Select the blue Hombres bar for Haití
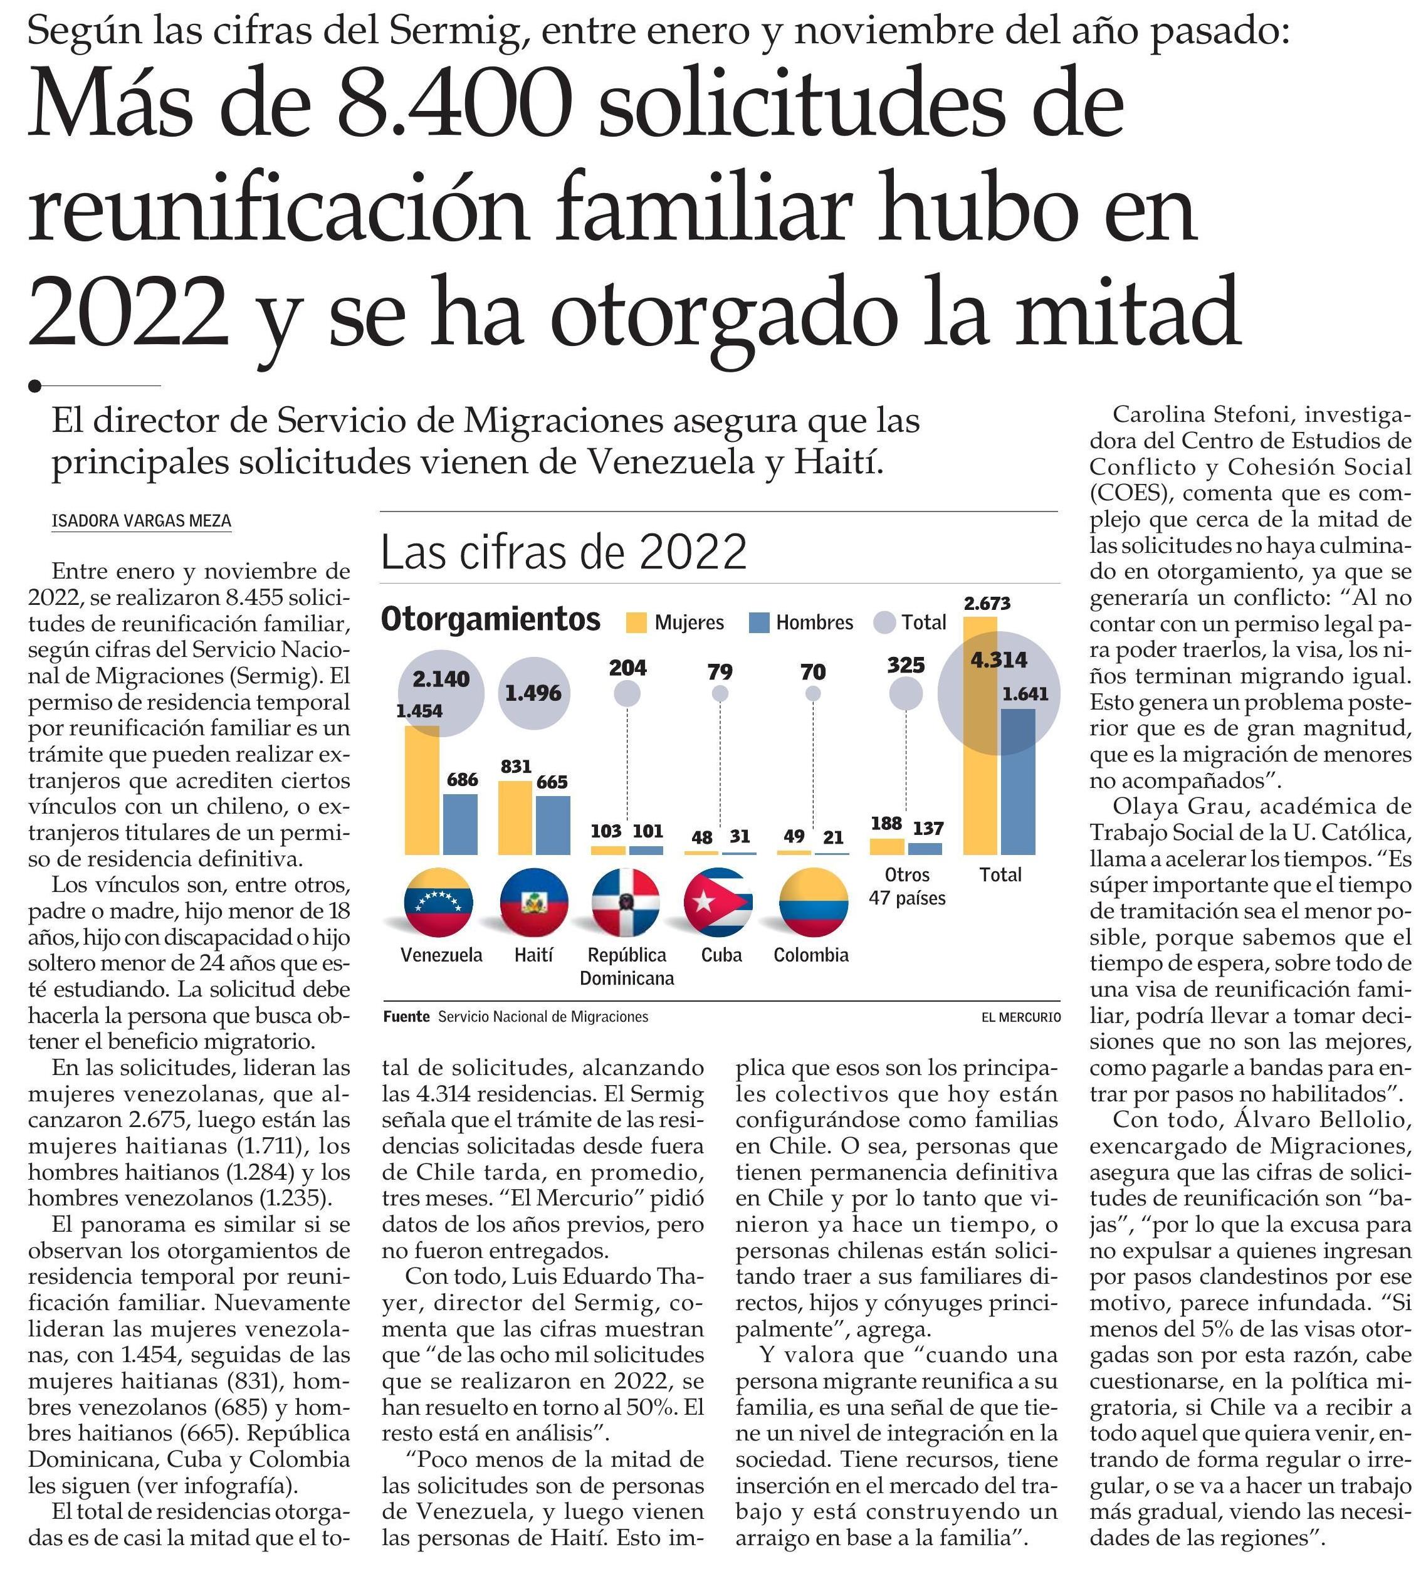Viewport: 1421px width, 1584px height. [x=553, y=825]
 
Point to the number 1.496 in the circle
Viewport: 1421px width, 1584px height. [x=533, y=693]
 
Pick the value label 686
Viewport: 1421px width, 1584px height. [x=462, y=779]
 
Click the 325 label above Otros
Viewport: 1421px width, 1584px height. [x=906, y=665]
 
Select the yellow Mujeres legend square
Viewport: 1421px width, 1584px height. [x=636, y=623]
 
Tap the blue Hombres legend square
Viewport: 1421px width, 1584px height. [x=759, y=623]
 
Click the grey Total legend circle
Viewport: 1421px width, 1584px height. [x=884, y=623]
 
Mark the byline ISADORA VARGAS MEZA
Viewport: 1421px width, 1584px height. [x=141, y=521]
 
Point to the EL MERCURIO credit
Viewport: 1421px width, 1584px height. [x=1021, y=1017]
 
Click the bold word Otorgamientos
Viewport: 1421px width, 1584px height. [x=490, y=620]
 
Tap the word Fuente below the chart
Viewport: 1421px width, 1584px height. [x=406, y=1017]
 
